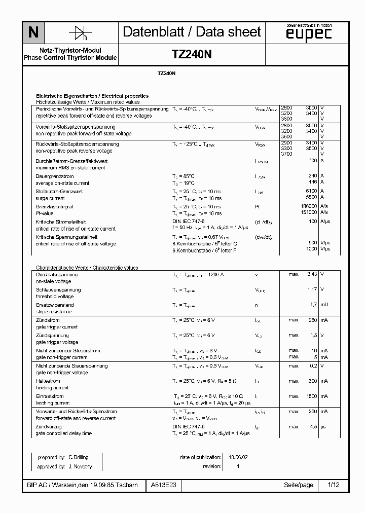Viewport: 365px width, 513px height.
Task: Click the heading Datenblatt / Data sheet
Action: tap(192, 32)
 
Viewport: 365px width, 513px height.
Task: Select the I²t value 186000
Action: tap(309, 206)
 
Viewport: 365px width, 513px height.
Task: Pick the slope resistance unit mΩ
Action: tap(324, 305)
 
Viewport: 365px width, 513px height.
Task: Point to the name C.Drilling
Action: tap(79, 457)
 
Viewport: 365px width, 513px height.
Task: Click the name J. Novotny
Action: tap(80, 466)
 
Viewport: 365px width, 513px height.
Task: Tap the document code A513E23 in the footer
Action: tap(163, 485)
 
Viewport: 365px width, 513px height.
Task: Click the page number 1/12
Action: tap(334, 485)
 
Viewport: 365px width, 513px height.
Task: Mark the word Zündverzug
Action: tap(49, 427)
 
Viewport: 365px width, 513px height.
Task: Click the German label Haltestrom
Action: tap(48, 381)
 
